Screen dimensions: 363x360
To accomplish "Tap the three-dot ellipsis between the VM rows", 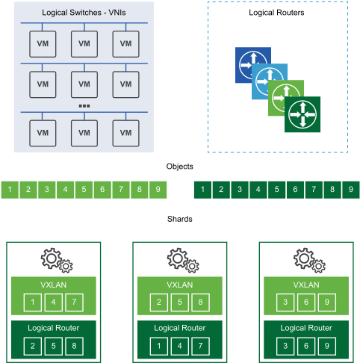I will point(84,105).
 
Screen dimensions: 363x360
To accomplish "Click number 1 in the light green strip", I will point(9,190).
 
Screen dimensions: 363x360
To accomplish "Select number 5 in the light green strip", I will point(84,190).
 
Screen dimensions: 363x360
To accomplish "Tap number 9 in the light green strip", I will point(158,190).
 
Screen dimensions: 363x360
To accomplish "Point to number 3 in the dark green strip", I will point(239,190).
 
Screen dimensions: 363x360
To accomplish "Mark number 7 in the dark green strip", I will point(314,190).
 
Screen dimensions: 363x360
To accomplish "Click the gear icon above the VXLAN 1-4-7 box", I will point(54,260).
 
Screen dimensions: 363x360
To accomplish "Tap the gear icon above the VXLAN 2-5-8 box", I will point(180,260).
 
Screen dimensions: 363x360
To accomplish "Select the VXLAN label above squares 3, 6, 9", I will point(306,285).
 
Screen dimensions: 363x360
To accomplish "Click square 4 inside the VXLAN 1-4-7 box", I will point(54,302).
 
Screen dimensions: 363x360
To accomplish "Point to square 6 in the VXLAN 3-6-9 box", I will point(306,302).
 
